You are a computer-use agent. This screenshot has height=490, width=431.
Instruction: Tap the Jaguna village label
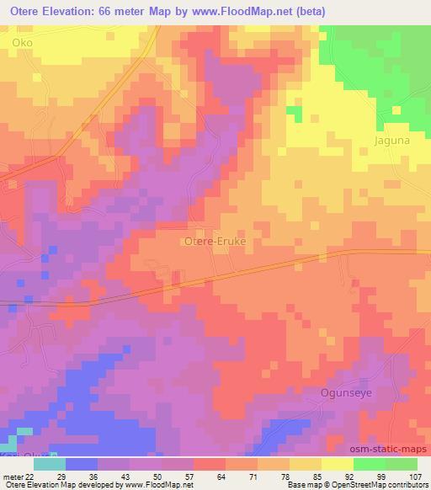click(x=392, y=141)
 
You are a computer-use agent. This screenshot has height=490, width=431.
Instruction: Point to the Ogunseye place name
click(x=346, y=392)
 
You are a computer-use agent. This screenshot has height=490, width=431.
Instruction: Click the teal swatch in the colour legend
click(x=50, y=463)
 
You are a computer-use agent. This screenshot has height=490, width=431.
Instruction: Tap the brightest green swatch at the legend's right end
click(x=402, y=463)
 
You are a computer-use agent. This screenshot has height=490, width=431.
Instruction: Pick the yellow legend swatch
click(x=338, y=463)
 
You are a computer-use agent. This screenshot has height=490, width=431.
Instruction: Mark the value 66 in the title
click(x=108, y=12)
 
